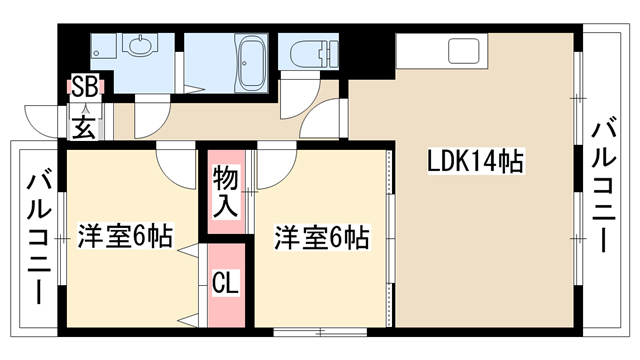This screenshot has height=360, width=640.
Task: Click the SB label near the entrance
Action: click(84, 86)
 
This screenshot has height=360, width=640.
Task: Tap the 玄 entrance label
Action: click(85, 127)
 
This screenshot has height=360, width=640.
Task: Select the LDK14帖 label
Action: click(475, 161)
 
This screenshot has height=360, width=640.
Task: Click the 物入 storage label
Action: click(226, 191)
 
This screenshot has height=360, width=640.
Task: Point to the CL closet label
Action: click(225, 283)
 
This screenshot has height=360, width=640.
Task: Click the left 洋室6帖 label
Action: click(125, 236)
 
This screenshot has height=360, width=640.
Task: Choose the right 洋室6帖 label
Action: click(322, 237)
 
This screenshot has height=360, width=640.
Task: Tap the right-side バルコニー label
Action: click(603, 185)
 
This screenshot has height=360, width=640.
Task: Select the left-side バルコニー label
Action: click(40, 240)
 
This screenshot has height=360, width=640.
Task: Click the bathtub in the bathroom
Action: click(252, 63)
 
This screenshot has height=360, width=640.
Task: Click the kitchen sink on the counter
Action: click(464, 51)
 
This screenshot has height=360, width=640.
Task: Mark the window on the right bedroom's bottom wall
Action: click(320, 332)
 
